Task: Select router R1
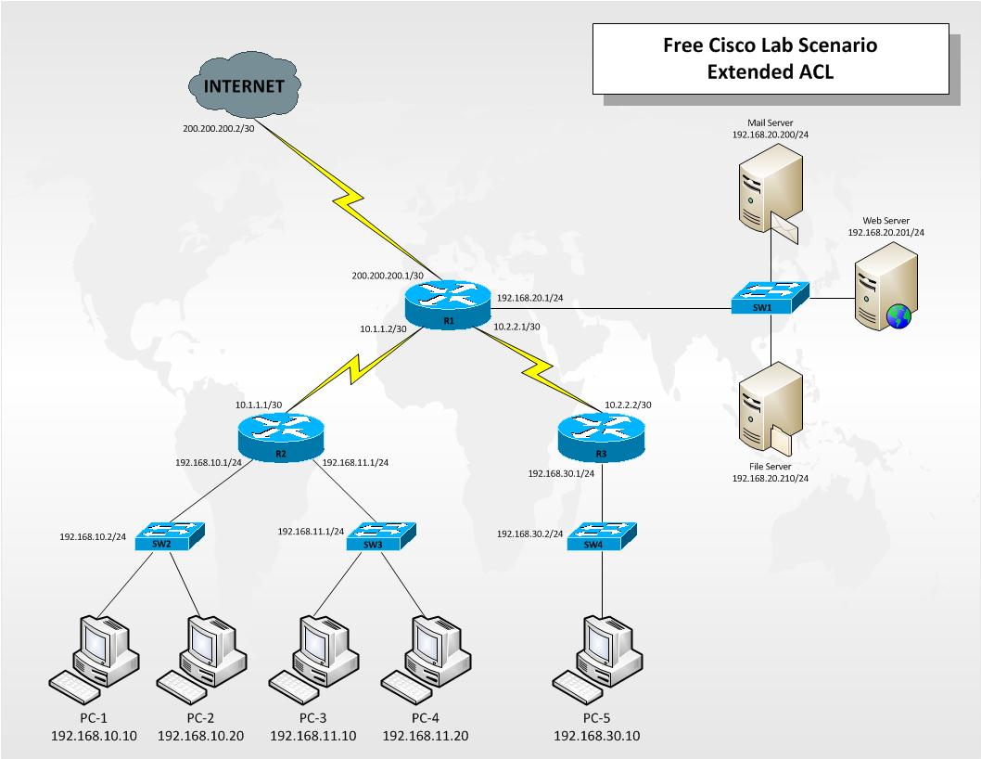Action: point(448,306)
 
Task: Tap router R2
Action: point(281,437)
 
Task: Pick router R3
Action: point(601,437)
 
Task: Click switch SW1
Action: point(771,299)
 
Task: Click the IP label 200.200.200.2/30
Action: point(218,131)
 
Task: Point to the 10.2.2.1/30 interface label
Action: point(517,327)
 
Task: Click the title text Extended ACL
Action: point(771,72)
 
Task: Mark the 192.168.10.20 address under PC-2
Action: point(201,736)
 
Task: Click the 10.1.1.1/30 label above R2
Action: point(259,405)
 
